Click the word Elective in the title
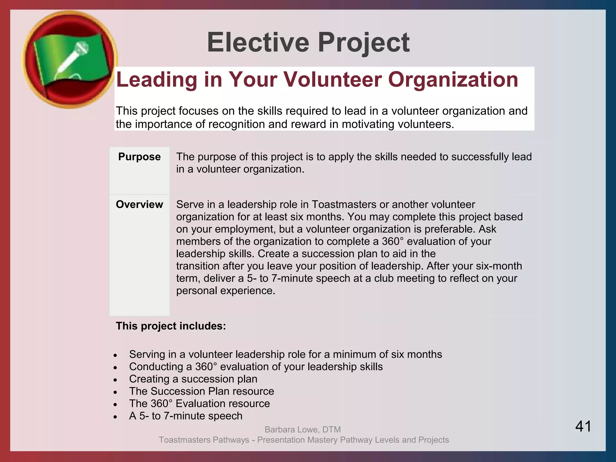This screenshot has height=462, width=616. point(258,42)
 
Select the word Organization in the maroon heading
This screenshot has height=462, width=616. point(453,80)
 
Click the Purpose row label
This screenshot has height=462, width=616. point(139,157)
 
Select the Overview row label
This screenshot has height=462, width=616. point(139,205)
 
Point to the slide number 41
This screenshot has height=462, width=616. point(583,426)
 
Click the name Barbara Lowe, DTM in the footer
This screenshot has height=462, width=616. point(303,430)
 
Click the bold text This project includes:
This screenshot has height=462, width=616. point(171,326)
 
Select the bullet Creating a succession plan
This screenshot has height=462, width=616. point(193,379)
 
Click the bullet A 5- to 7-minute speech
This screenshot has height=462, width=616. point(186,416)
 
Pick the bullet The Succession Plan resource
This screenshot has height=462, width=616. point(202,391)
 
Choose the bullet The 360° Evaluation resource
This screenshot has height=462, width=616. point(199,404)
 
